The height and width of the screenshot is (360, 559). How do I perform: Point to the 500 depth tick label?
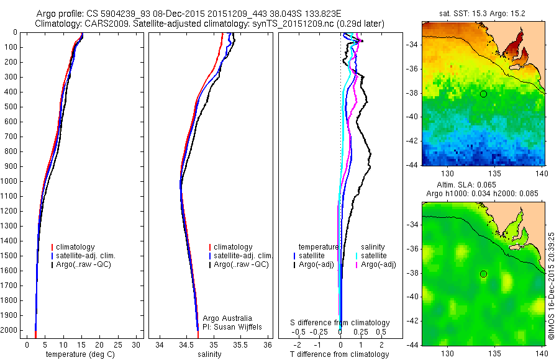point(10,107)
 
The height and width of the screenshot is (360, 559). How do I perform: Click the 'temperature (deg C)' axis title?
point(80,354)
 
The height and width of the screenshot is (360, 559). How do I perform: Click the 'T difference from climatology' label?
point(339,354)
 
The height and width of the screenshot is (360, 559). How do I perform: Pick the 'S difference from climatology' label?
point(340,323)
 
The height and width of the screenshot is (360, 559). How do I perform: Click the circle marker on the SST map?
point(483,94)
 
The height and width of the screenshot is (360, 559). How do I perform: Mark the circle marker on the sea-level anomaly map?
point(483,274)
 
